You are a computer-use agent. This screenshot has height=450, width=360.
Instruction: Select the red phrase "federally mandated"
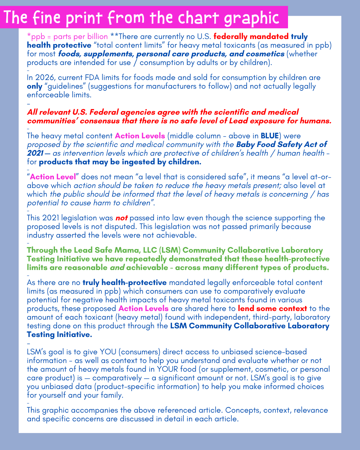pyautogui.click(x=251, y=37)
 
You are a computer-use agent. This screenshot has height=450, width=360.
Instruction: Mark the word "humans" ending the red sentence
pyautogui.click(x=316, y=121)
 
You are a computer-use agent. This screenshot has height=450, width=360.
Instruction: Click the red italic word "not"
pyautogui.click(x=121, y=218)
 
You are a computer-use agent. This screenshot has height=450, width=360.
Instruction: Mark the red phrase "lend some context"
pyautogui.click(x=272, y=309)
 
